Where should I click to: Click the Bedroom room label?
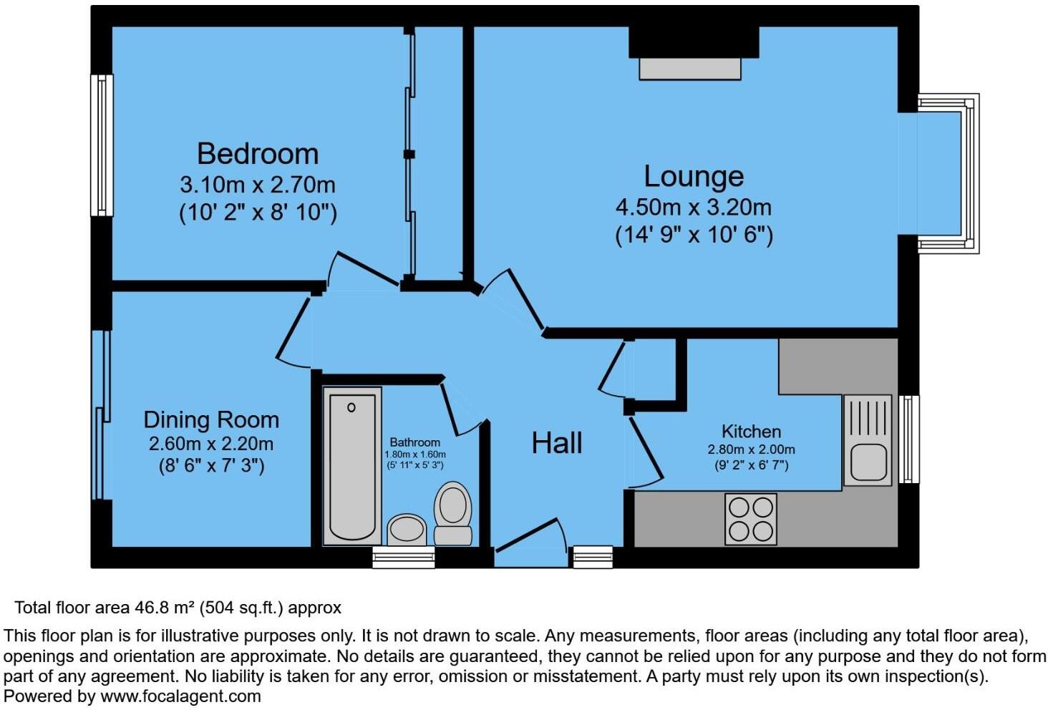tap(258, 154)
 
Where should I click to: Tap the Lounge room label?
tap(693, 176)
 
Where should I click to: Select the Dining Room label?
tap(211, 419)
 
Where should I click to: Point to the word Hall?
tap(557, 443)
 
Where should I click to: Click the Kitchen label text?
tap(751, 432)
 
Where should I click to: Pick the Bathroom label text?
tap(414, 442)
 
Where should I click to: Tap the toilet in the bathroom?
tap(453, 512)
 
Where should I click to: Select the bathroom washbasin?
tap(407, 530)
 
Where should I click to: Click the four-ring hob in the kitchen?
tap(750, 519)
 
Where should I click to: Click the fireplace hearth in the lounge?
tap(690, 69)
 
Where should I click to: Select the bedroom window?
tap(101, 145)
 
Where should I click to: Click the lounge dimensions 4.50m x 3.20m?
tap(693, 208)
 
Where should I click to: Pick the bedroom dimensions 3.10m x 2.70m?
tap(258, 185)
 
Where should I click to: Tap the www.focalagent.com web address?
tap(180, 696)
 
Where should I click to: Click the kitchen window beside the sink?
tap(908, 439)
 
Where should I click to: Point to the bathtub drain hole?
tap(351, 407)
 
